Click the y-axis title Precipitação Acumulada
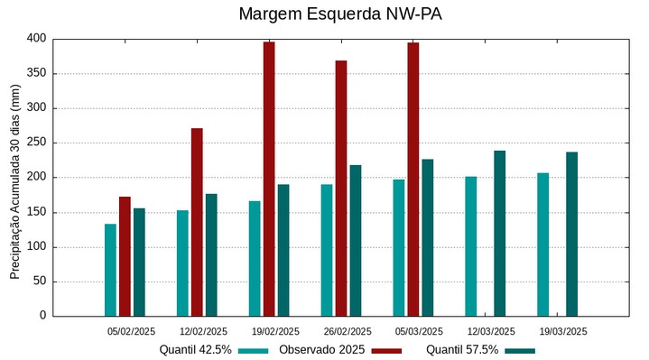point(14,178)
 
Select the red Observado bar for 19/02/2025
point(269,179)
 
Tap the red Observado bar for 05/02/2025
point(125,256)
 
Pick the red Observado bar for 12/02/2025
point(197,222)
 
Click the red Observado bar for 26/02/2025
point(341,188)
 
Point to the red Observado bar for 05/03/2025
point(413,179)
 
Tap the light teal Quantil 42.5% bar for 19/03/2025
point(542,245)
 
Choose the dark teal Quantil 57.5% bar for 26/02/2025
point(356,240)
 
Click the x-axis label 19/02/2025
point(275,331)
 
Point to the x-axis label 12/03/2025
point(491,331)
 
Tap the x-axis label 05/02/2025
point(132,331)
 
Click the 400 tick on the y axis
point(36,39)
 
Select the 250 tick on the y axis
point(36,143)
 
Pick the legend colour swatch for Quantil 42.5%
point(255,350)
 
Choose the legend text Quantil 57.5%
point(462,349)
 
